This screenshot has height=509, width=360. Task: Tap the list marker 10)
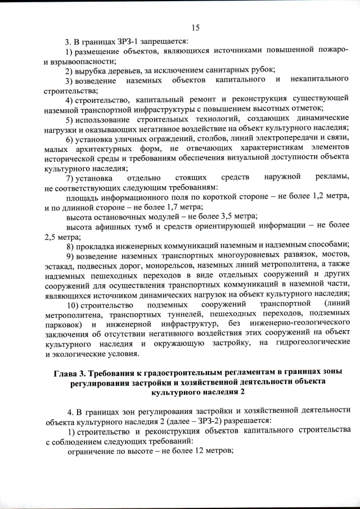pos(73,305)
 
